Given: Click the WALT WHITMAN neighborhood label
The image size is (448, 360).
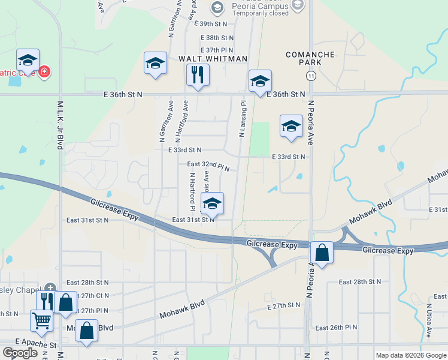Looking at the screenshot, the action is coord(213,59).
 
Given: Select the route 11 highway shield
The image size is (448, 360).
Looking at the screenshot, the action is coord(311,76).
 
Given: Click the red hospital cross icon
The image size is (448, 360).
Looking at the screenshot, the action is coord(44,73).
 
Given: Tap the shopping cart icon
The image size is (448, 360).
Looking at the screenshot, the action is coord(41,321).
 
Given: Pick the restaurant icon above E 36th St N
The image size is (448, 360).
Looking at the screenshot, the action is coord(198,75).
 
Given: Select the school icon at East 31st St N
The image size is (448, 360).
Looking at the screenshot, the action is coord(212,204).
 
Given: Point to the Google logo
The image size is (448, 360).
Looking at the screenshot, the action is coord(20,353).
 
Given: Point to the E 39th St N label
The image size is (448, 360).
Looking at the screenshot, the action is coord(211,23).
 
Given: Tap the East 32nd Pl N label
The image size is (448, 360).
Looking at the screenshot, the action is coord(208,164).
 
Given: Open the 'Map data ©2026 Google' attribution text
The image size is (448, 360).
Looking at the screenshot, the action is coord(410,355).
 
